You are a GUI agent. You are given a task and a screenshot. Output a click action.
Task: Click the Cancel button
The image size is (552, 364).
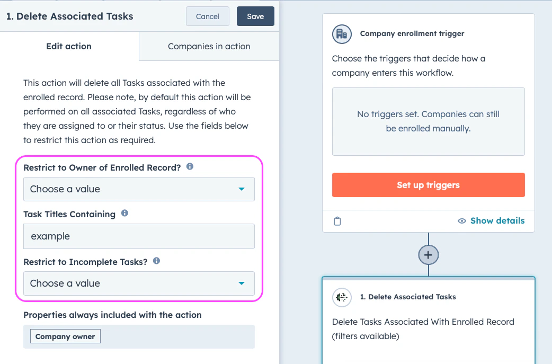207,16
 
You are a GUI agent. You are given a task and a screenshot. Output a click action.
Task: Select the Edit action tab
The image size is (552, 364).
69,47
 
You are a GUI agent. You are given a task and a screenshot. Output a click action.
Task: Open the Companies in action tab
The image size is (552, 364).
209,47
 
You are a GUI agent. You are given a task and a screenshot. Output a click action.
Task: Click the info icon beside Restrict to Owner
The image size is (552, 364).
190,166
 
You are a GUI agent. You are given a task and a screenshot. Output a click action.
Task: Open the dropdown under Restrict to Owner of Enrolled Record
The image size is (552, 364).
139,189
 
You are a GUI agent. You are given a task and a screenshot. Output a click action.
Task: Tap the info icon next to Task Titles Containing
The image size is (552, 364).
124,213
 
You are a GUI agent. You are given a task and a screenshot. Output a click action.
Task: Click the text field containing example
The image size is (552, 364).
139,236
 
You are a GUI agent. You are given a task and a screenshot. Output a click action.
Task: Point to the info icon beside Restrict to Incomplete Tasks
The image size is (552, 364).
156,261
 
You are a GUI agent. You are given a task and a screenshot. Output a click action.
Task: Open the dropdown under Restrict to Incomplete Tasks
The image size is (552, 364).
139,283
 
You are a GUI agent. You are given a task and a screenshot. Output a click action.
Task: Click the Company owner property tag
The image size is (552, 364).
65,336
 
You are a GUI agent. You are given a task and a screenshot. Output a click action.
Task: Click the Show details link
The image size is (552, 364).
491,221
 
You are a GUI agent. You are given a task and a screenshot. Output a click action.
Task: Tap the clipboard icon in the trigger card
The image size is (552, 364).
337,221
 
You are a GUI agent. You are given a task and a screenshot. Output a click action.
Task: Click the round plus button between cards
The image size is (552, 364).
428,255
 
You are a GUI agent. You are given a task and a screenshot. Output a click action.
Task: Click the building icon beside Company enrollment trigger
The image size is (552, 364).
342,33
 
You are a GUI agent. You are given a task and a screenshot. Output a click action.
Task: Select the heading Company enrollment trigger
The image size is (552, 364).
412,33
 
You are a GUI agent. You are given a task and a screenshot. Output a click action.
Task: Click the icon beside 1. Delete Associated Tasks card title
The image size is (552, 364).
342,297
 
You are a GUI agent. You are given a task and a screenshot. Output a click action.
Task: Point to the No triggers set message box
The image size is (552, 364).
428,121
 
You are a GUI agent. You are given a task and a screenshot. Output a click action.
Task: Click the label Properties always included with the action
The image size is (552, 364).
112,315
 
